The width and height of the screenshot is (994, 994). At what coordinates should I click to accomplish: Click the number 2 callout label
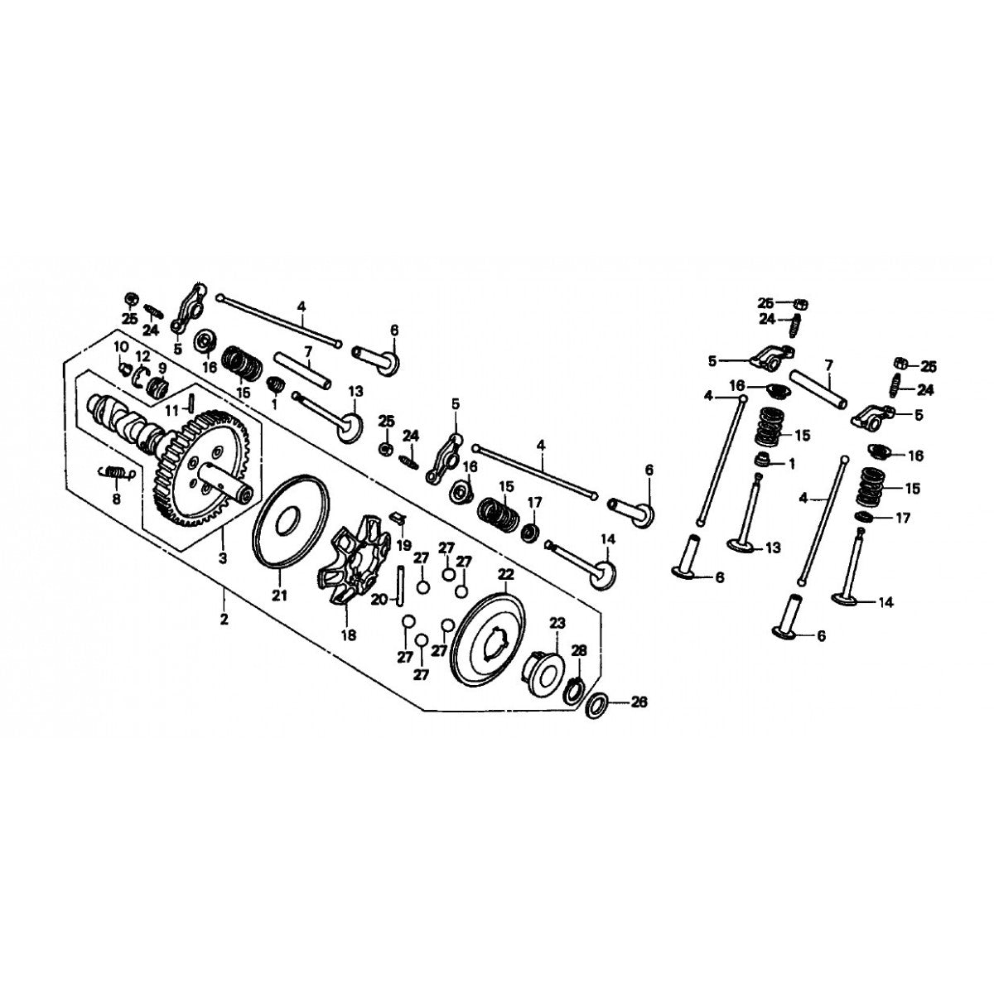click(223, 620)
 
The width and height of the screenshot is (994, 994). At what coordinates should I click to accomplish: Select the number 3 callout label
click(222, 559)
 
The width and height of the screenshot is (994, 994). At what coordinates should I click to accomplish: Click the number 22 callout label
click(504, 574)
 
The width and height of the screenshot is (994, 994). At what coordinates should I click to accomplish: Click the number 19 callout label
click(403, 545)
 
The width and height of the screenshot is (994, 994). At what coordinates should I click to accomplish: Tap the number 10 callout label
click(121, 345)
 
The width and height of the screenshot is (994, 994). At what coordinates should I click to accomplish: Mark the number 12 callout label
click(142, 355)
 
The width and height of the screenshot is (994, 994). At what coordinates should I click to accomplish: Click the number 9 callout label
click(162, 367)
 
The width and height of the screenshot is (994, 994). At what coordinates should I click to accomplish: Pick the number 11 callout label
click(171, 410)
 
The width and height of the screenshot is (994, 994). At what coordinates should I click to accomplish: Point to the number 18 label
click(346, 635)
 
